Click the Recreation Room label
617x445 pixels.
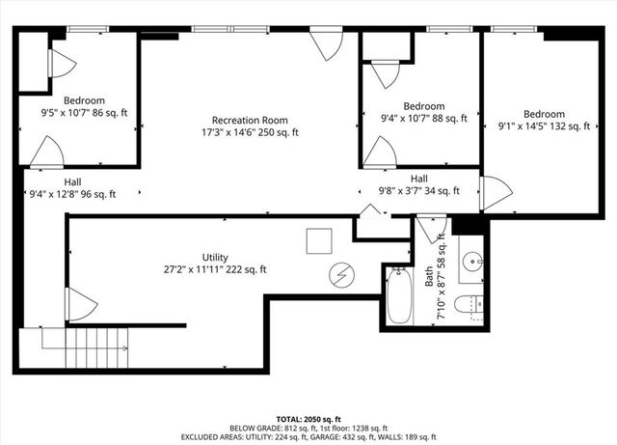250,125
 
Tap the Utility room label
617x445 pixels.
215,264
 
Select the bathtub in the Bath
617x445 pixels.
400,294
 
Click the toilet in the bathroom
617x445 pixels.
469,305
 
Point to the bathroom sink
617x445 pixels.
471,262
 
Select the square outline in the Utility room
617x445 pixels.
319,240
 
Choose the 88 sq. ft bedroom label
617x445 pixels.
423,112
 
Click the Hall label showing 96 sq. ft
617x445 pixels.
72,187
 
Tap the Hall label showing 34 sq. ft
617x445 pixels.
418,184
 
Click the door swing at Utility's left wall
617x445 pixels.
80,306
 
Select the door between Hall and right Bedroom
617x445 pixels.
496,192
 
